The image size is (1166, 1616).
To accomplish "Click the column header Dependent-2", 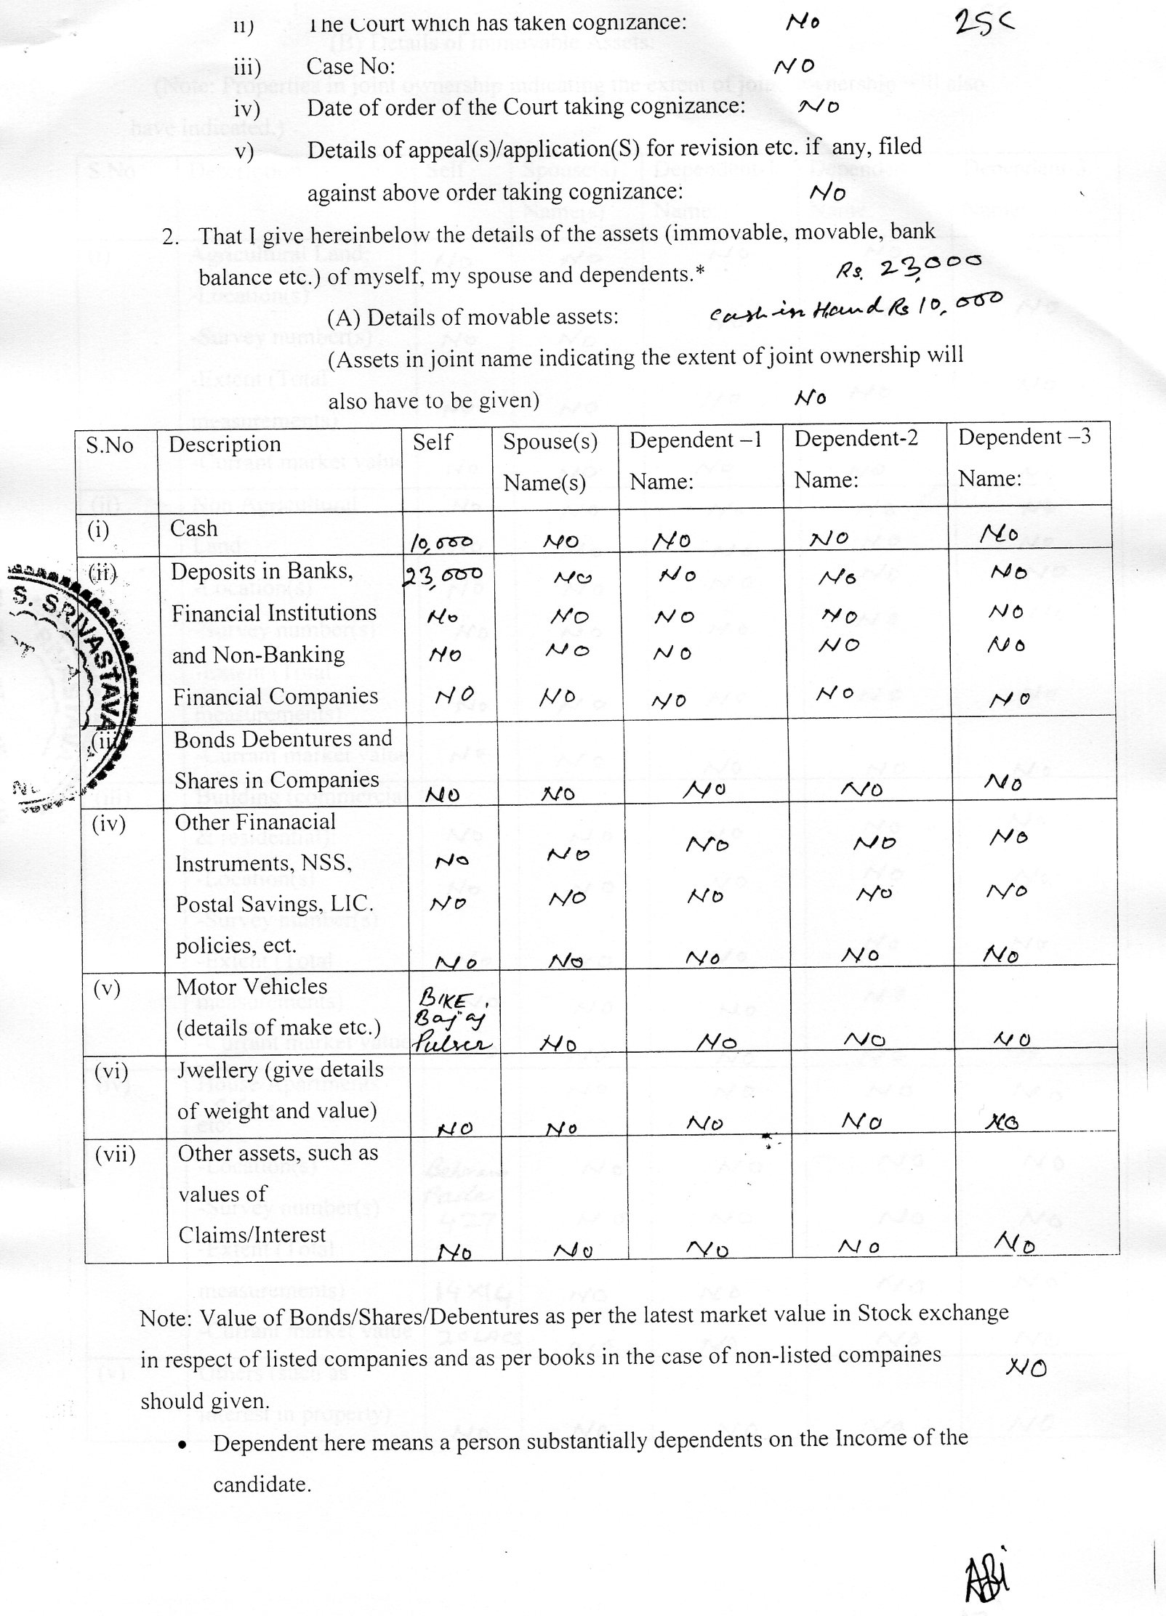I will point(856,438).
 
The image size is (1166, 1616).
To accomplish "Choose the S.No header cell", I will point(110,445).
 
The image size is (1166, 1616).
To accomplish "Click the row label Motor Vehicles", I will point(252,986).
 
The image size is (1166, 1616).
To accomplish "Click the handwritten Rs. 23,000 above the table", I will point(908,268).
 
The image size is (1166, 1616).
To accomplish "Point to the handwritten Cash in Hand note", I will point(856,307).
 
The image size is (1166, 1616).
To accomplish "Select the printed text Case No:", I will point(350,67).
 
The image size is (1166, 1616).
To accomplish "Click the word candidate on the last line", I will point(261,1484).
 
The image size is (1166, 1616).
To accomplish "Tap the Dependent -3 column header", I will point(1024,437).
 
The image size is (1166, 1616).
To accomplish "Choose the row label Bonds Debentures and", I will point(283,739).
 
